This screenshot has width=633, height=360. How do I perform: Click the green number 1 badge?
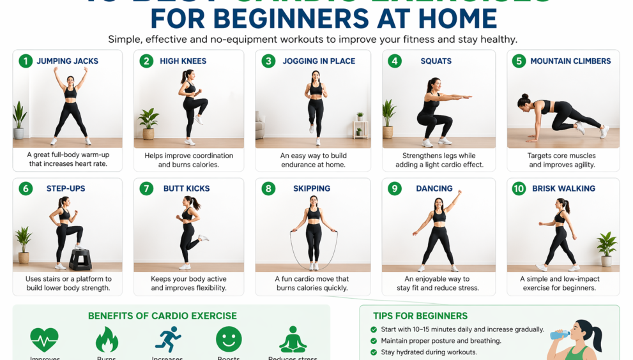pos(26,61)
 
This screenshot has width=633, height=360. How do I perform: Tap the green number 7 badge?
pos(147,189)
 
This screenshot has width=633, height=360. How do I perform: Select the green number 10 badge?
pos(519,189)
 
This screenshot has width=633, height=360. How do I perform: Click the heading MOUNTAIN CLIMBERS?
pos(570,61)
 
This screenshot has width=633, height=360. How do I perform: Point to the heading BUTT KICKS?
pos(187,189)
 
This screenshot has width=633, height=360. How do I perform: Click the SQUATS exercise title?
pos(436,61)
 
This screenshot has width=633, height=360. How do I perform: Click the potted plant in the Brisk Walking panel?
pos(606,248)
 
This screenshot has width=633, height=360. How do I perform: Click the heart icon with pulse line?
pos(44,340)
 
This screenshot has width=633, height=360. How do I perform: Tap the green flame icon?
pos(107,340)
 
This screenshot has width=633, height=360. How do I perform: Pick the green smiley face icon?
pos(229,339)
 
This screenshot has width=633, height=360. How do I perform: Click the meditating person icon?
pos(293,340)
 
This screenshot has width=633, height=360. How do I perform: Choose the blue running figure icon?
pos(168,340)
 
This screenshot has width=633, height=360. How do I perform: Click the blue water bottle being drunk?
pos(560,334)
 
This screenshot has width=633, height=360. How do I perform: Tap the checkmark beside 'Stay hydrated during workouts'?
pos(374,352)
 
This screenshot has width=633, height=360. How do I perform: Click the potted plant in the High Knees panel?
pos(148,123)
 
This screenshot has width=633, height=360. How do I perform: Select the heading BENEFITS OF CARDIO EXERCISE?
pos(162,316)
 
